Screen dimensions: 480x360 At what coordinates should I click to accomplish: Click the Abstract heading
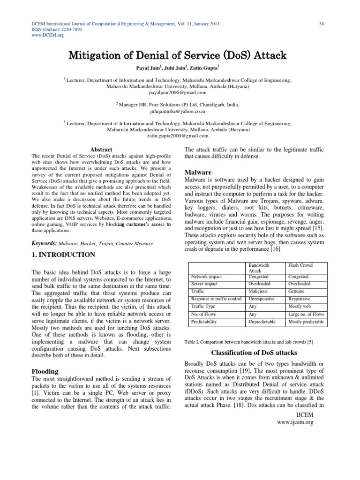101,150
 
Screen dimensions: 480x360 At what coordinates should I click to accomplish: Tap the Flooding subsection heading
45,371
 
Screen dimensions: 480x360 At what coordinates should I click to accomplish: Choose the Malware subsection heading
198,172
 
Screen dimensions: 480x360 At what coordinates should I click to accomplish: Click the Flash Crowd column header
300,265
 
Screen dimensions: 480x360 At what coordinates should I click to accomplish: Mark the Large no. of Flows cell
306,314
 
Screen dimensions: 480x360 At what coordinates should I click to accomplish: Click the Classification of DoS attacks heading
255,352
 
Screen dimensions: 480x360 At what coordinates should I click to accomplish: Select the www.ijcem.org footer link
295,422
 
